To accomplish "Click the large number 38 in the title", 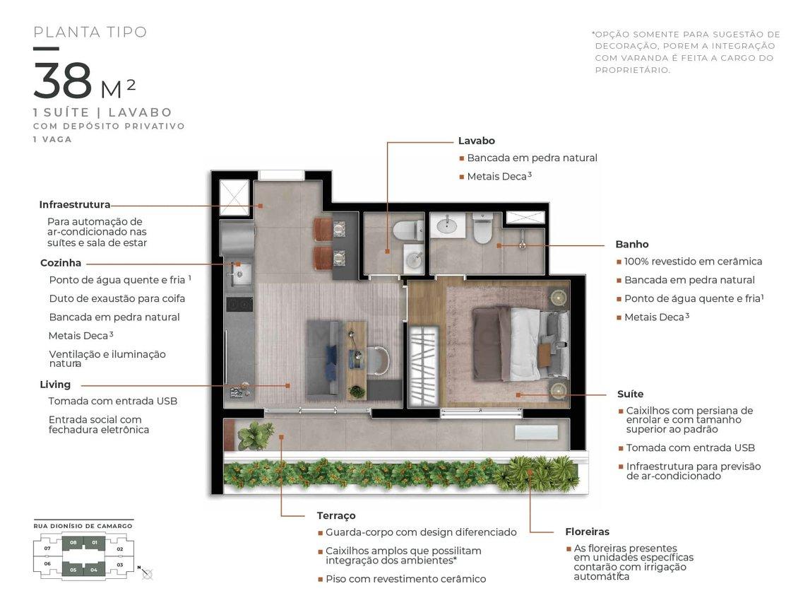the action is (x=63, y=80).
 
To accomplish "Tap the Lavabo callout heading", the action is (x=476, y=141).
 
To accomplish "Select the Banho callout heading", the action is (x=632, y=244).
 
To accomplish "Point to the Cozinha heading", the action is (x=61, y=262).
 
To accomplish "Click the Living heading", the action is (x=55, y=385).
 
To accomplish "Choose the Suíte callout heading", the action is (x=631, y=394).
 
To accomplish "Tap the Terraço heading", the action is (x=336, y=516).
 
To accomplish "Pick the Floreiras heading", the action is (x=588, y=532).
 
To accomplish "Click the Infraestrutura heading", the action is (x=75, y=204).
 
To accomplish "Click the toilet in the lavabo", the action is (x=408, y=230).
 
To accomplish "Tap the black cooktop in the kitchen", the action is (x=239, y=305).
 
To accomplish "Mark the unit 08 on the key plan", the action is (x=73, y=542).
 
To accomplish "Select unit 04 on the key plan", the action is (x=94, y=570).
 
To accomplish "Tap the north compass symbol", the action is (x=145, y=572).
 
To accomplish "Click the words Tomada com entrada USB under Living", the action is (x=113, y=401).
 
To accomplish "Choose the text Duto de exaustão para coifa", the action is (x=117, y=298).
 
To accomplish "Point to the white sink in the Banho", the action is (x=448, y=225).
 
